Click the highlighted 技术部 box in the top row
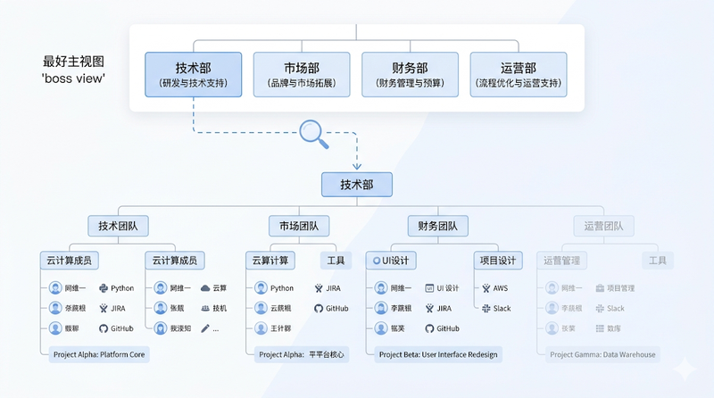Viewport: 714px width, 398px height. pos(194,75)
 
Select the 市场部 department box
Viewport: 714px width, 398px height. pos(303,75)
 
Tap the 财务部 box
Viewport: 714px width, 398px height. pos(410,75)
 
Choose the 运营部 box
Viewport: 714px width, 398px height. pos(519,75)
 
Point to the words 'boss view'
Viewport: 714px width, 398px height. pos(73,79)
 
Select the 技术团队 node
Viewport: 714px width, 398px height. pos(123,226)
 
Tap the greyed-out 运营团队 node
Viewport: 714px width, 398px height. pos(603,226)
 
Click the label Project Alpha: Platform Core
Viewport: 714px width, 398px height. pos(98,354)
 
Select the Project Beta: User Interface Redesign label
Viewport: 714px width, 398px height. pos(438,354)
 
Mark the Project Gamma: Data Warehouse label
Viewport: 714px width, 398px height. pos(602,354)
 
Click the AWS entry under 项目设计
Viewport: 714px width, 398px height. pos(495,288)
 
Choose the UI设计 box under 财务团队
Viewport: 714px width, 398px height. pos(391,261)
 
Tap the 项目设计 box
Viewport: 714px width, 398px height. pos(497,261)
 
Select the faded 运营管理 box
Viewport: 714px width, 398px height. pos(562,261)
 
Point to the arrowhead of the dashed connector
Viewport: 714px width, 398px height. pos(356,165)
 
